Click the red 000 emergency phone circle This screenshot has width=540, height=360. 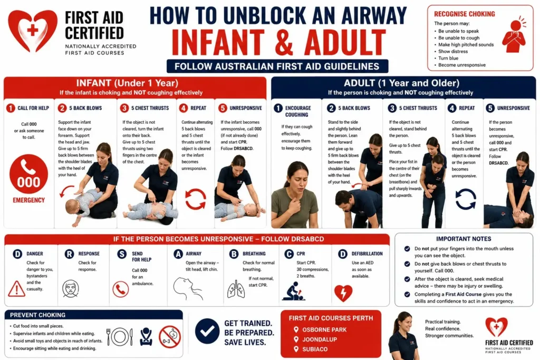(x=28, y=174)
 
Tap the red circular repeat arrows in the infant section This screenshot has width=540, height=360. (x=196, y=199)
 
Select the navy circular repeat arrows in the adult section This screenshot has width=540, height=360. (x=466, y=199)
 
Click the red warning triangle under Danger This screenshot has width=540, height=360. (x=16, y=288)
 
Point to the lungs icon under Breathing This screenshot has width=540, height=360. (x=236, y=289)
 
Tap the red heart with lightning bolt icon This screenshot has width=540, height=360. (x=343, y=293)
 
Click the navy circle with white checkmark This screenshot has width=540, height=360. (x=207, y=331)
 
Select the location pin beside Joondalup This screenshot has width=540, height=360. (x=296, y=339)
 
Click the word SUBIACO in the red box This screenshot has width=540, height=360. (x=315, y=349)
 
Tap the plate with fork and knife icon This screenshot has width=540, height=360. (x=120, y=337)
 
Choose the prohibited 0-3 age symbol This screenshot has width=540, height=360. (x=169, y=337)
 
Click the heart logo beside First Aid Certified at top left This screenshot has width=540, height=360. (x=33, y=31)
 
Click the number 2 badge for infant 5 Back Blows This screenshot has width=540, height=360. (x=62, y=108)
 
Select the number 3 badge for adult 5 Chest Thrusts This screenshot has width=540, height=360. (x=392, y=108)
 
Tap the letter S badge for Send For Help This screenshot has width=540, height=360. (x=122, y=254)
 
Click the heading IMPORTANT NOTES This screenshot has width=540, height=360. (x=464, y=239)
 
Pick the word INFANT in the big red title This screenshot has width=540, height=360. (x=218, y=43)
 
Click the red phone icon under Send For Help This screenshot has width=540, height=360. (x=121, y=289)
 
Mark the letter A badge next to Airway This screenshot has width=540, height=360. (x=178, y=254)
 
